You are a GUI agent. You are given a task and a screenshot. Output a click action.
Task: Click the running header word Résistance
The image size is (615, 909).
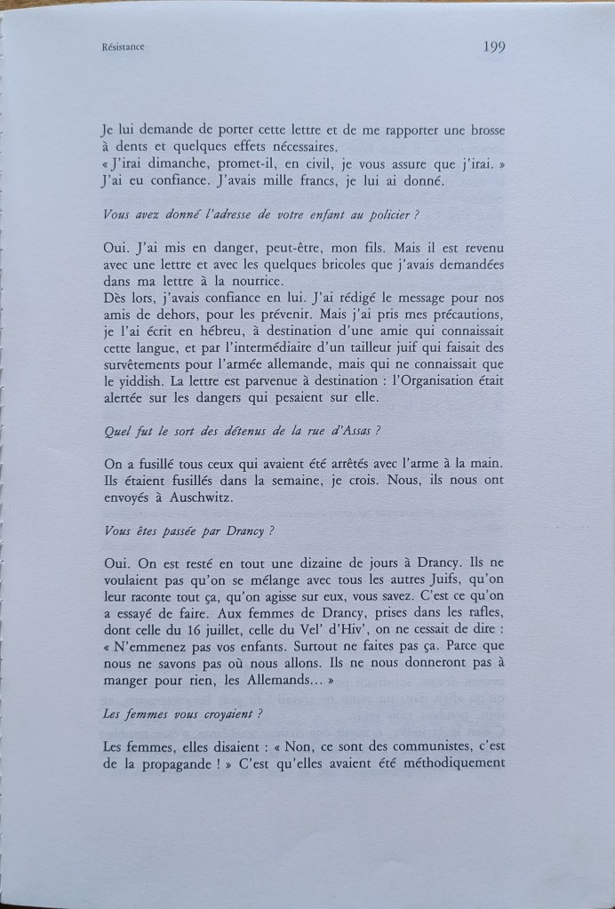(x=124, y=50)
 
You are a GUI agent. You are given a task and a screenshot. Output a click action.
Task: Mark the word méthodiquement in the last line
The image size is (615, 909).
(x=446, y=766)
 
